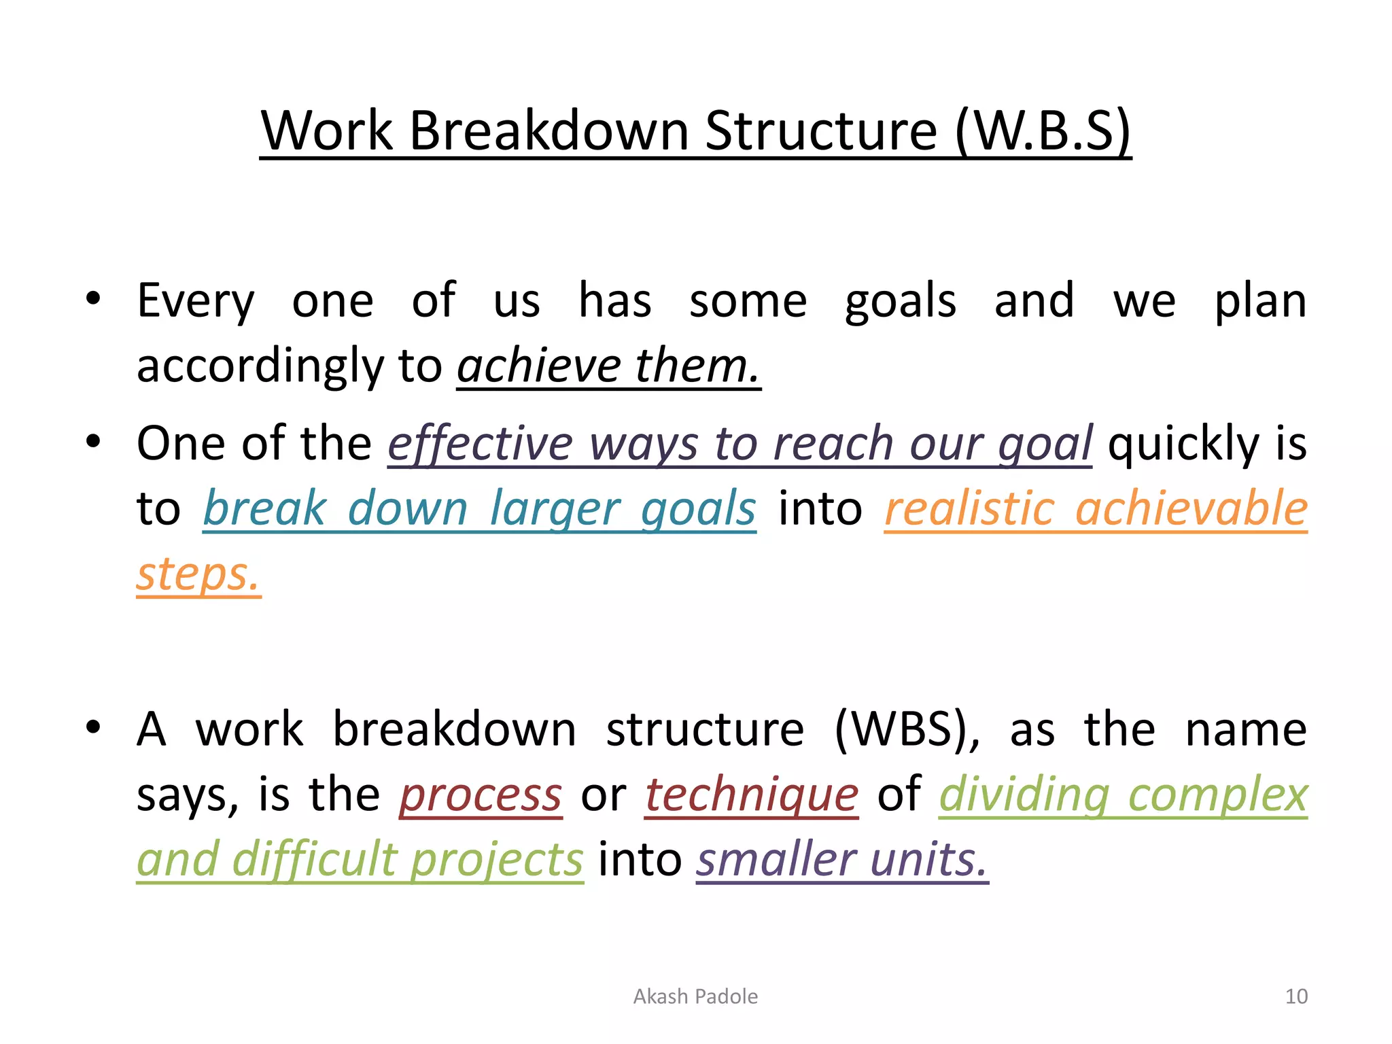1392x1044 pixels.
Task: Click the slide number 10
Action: point(1296,996)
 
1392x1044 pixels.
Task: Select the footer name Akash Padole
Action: point(695,996)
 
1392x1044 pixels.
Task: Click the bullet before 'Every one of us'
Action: point(93,298)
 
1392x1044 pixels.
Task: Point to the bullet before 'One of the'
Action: point(93,442)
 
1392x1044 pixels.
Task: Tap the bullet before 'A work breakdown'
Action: point(93,727)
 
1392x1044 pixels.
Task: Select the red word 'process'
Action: point(481,795)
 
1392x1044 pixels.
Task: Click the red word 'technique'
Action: point(751,795)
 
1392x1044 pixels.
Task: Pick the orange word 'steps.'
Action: point(198,574)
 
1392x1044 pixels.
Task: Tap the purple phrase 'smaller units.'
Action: point(841,859)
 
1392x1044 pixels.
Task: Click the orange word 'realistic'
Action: point(969,509)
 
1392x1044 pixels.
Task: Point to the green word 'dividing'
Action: point(1024,795)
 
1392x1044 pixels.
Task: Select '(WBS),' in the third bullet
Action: point(908,730)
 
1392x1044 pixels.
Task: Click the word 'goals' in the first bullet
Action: point(900,302)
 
